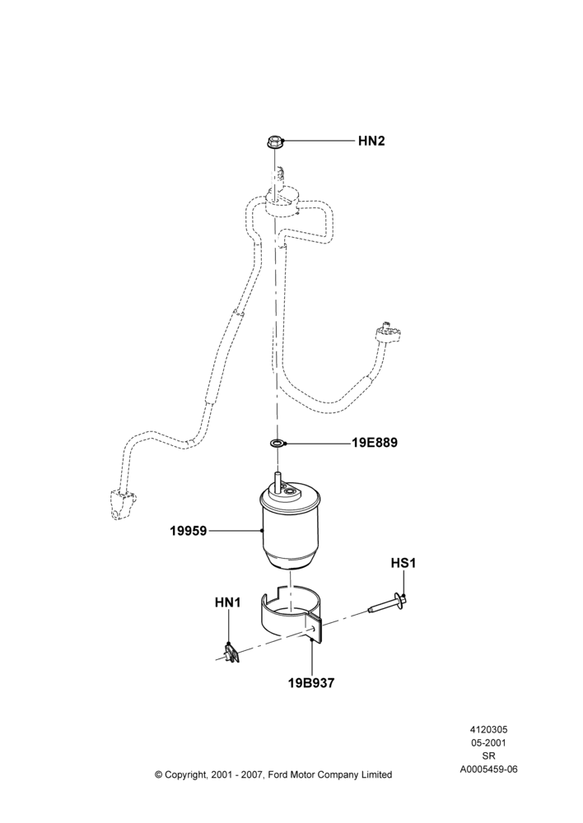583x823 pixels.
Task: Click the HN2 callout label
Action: click(371, 141)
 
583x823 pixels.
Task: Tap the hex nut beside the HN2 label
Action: click(274, 142)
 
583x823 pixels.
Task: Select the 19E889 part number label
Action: click(375, 443)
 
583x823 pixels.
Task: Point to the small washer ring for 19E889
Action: click(277, 443)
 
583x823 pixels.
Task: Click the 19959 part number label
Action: click(188, 531)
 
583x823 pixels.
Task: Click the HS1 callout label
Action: click(403, 563)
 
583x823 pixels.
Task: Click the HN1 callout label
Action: click(227, 603)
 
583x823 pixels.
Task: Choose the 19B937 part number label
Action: click(311, 683)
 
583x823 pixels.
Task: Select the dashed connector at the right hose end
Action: click(388, 332)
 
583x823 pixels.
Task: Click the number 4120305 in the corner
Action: click(488, 729)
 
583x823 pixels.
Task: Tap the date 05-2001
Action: click(488, 742)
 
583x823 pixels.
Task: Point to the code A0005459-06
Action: click(488, 770)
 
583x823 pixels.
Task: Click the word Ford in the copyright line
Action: click(278, 774)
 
